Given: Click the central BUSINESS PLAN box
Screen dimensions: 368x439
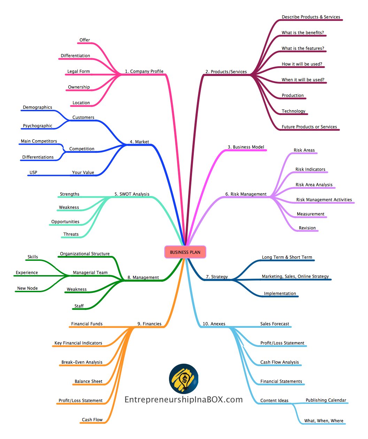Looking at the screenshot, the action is click(x=185, y=252).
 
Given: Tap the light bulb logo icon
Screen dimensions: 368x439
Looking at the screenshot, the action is click(x=183, y=378).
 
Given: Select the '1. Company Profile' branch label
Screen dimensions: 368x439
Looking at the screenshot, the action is click(x=144, y=71).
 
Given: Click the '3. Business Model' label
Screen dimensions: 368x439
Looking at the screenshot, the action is click(x=246, y=147).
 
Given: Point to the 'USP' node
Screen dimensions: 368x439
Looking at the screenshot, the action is click(x=33, y=172).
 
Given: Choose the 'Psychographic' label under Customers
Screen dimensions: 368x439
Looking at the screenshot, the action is click(x=37, y=126).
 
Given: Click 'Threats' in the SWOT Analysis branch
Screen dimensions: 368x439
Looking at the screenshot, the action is click(x=71, y=234).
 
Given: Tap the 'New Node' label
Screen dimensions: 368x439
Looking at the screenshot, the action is click(x=27, y=288).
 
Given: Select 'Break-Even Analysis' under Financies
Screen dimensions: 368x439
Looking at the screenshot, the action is click(x=82, y=362).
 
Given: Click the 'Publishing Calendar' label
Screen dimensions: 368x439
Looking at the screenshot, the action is click(x=326, y=400).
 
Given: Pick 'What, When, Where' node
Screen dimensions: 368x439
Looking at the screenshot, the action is click(x=324, y=421).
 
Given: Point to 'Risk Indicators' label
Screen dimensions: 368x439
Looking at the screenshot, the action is click(x=310, y=169).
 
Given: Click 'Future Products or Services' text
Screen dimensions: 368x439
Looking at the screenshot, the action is click(x=309, y=127).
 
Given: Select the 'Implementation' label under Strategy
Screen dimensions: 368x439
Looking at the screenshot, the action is click(x=280, y=294).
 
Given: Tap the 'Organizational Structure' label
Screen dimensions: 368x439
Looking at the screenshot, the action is click(x=85, y=254).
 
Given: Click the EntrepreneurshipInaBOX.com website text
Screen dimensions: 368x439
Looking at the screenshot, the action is click(x=183, y=400).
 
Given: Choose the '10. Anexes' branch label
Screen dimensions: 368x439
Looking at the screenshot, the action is click(x=214, y=324).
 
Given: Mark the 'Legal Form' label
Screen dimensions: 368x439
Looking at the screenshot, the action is click(x=78, y=71).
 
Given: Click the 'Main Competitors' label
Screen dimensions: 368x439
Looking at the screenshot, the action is click(x=39, y=141).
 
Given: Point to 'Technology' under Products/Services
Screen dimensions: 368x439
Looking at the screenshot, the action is click(x=293, y=111).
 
